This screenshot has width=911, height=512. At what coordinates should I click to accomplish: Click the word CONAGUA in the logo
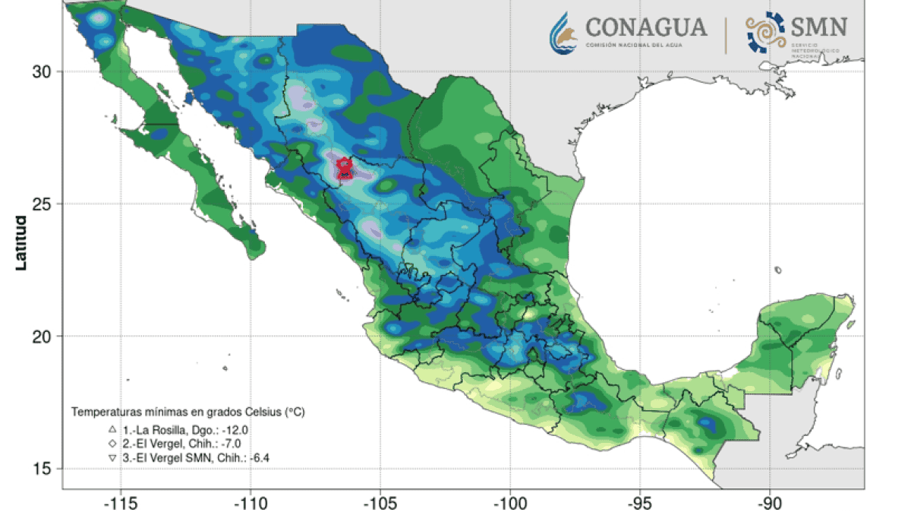tap(645, 28)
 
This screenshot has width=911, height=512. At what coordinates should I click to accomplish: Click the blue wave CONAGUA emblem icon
tap(566, 32)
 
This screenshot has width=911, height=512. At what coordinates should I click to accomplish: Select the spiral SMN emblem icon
tap(762, 33)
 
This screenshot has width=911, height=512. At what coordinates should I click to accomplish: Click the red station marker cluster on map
tap(344, 168)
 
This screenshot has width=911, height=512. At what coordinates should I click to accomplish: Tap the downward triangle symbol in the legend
tap(112, 457)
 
